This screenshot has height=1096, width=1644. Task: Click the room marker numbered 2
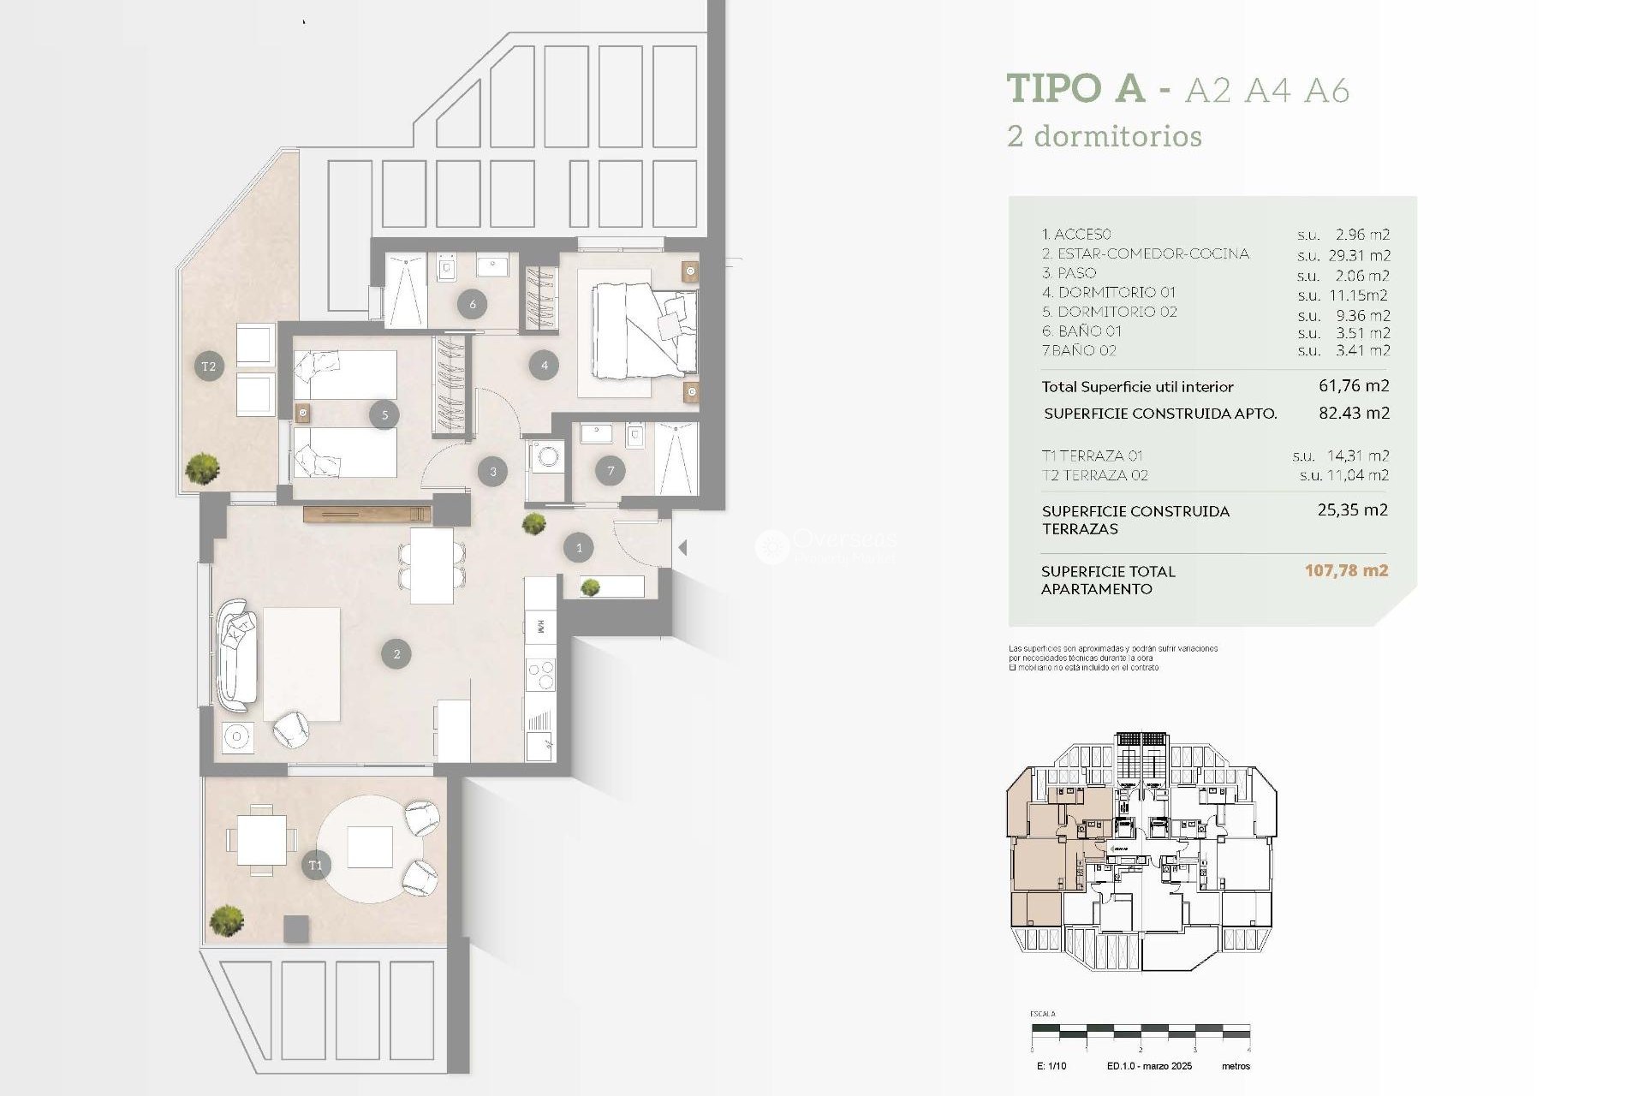point(396,654)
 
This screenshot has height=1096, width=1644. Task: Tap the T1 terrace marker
point(316,865)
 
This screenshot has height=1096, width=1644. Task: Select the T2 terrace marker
point(209,366)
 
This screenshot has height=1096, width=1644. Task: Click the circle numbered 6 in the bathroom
point(473,303)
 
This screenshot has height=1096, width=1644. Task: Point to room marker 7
point(611,470)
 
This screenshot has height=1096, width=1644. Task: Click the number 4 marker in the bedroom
point(545,366)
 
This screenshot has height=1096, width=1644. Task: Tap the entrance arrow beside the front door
point(682,547)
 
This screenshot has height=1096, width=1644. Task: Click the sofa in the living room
point(235,656)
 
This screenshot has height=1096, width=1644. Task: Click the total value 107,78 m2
point(1346,570)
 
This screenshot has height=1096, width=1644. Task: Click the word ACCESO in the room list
point(1082,234)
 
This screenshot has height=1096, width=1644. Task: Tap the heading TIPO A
point(1075,88)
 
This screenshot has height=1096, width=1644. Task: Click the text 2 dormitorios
point(1105,136)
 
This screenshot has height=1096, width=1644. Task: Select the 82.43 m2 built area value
point(1354,413)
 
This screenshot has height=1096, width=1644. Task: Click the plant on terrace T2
point(203,468)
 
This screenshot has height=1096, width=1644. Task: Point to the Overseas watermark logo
point(771,546)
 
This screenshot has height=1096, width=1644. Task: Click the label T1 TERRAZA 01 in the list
point(1093,456)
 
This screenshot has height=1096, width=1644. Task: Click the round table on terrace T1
point(370,848)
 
